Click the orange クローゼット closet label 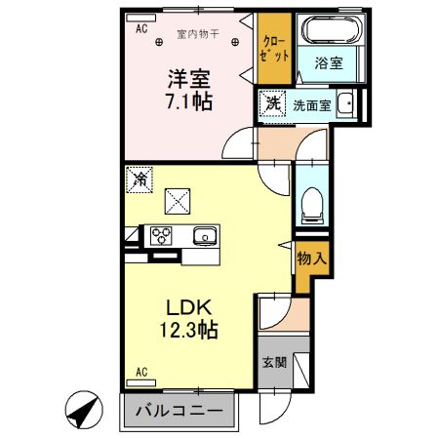pyautogui.click(x=275, y=48)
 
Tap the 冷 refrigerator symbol pyautogui.click(x=139, y=180)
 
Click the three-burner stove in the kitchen pyautogui.click(x=159, y=235)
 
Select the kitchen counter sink pyautogui.click(x=204, y=235)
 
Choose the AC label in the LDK pyautogui.click(x=140, y=372)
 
